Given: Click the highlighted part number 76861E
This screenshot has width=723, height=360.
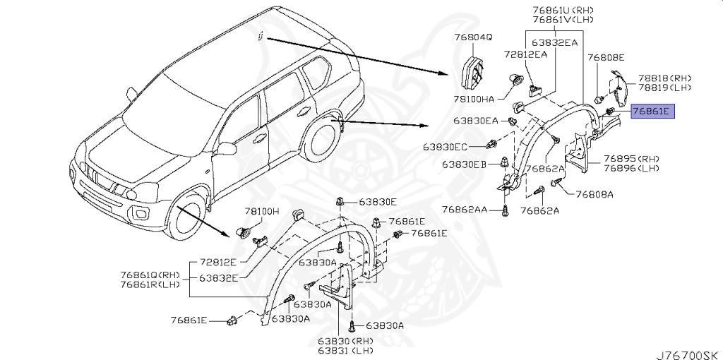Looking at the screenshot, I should [653, 111].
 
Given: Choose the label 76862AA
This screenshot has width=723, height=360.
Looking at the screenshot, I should [465, 210].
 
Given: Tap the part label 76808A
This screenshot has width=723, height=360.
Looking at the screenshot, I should [594, 193].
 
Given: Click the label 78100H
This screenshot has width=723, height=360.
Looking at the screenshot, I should [263, 211].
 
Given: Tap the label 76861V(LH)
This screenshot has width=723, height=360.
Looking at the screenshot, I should [564, 20].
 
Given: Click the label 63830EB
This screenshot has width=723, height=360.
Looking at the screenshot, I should [465, 164].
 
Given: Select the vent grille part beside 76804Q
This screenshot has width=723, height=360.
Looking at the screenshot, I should [471, 73].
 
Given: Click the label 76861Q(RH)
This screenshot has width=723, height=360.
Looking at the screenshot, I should [150, 275].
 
